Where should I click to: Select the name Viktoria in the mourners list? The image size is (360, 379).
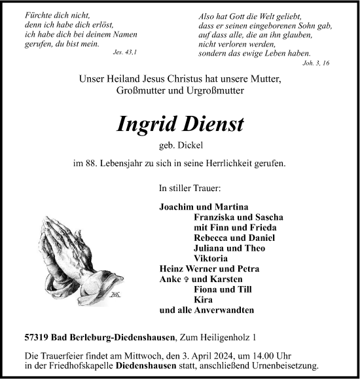pos(211,258)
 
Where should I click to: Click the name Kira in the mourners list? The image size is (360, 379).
pos(204,299)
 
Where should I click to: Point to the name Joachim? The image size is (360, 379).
pos(177,207)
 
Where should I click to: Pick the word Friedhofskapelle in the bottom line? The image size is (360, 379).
pos(88,367)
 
